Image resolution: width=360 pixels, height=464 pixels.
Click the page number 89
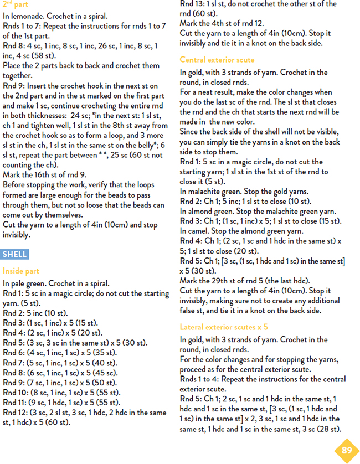click(346, 450)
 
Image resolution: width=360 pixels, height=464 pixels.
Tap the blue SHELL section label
click(15, 254)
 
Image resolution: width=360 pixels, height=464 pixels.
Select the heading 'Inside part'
click(21, 271)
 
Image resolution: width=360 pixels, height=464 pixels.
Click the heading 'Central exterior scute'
click(217, 60)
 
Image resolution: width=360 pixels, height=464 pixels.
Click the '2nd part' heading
click(16, 4)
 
